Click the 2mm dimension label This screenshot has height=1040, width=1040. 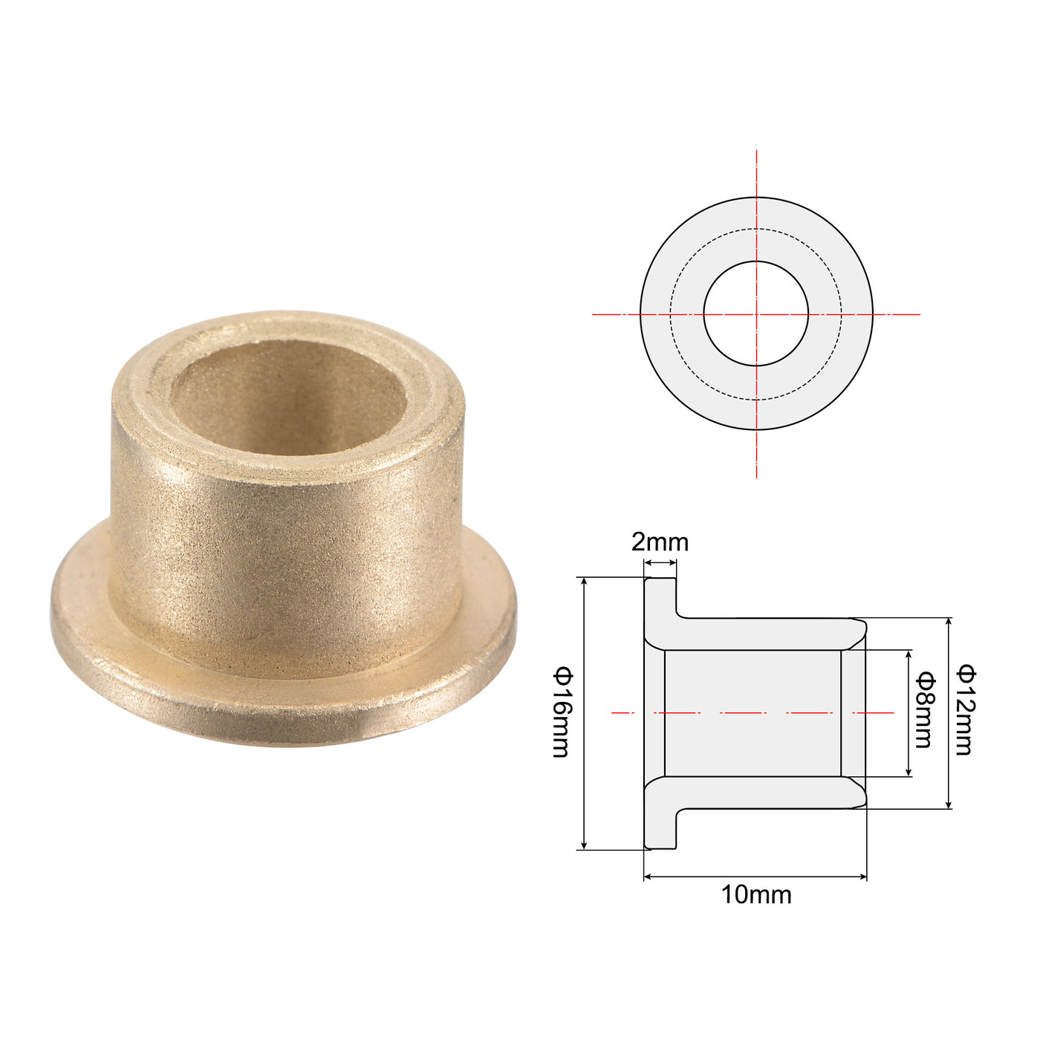660,542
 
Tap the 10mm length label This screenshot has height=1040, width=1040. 756,895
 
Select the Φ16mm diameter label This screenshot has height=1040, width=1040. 562,712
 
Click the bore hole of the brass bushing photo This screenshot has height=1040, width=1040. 288,397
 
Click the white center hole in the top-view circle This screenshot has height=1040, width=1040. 755,313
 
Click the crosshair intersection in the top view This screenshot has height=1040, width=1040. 756,313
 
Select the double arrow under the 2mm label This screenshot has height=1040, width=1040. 660,563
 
